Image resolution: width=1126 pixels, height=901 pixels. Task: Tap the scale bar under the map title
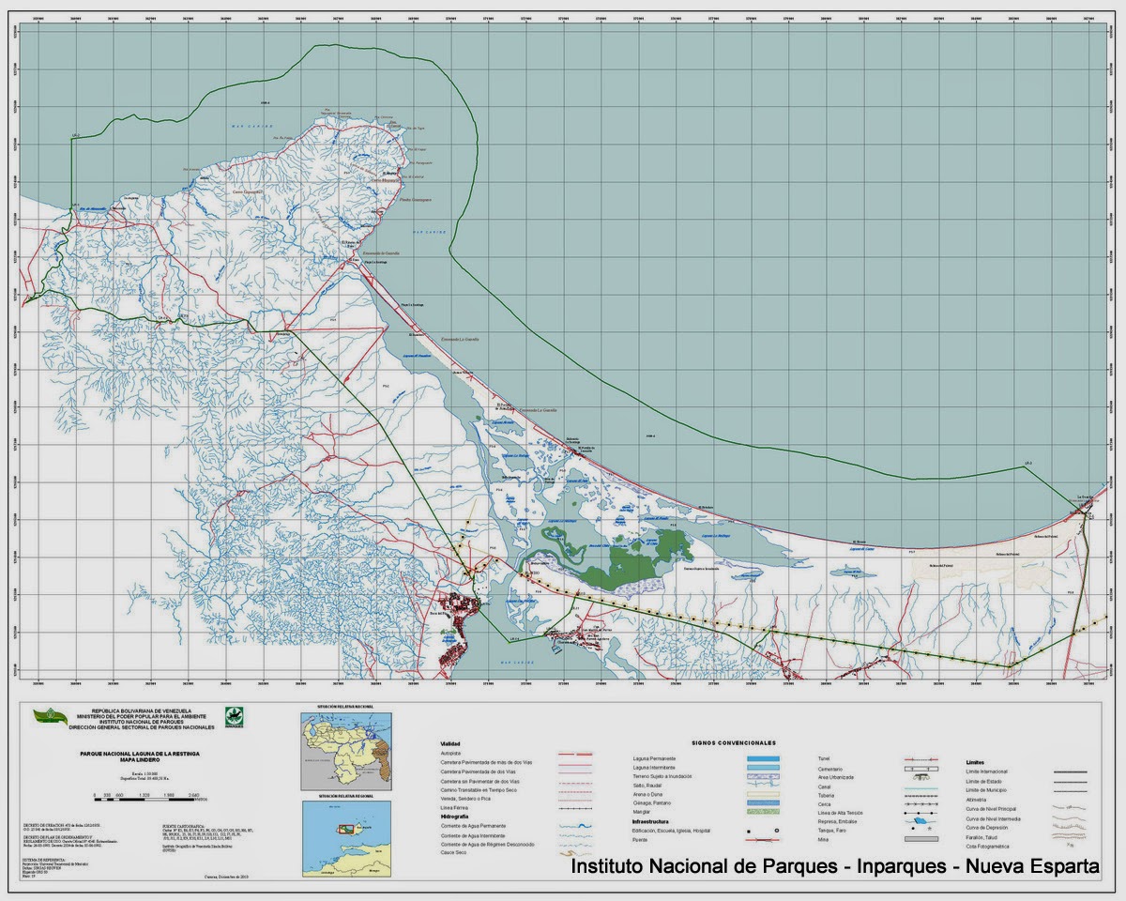point(155,795)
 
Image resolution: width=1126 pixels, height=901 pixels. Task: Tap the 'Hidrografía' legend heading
point(455,817)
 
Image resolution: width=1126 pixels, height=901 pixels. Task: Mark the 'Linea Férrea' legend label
point(455,807)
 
